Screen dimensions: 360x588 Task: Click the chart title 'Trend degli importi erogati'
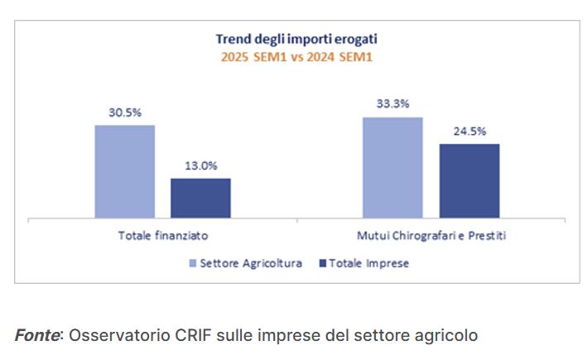(296, 39)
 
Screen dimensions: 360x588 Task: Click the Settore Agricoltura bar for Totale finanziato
(125, 171)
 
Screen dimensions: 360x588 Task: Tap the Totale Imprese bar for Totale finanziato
(200, 198)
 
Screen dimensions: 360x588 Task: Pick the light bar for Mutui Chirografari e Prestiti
(393, 168)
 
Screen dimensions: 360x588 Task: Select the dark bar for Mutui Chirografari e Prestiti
(469, 181)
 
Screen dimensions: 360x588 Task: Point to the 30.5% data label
(125, 112)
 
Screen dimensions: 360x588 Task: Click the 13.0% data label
(200, 166)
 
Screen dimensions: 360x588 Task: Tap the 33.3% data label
(393, 104)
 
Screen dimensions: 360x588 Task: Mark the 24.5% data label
(469, 131)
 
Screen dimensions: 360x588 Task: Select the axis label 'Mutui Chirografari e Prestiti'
(431, 236)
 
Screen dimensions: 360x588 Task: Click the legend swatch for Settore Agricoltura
(193, 263)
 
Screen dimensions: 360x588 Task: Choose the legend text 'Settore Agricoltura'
(251, 263)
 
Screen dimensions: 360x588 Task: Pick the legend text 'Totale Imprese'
(369, 263)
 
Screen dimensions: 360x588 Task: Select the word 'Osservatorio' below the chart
(117, 335)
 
